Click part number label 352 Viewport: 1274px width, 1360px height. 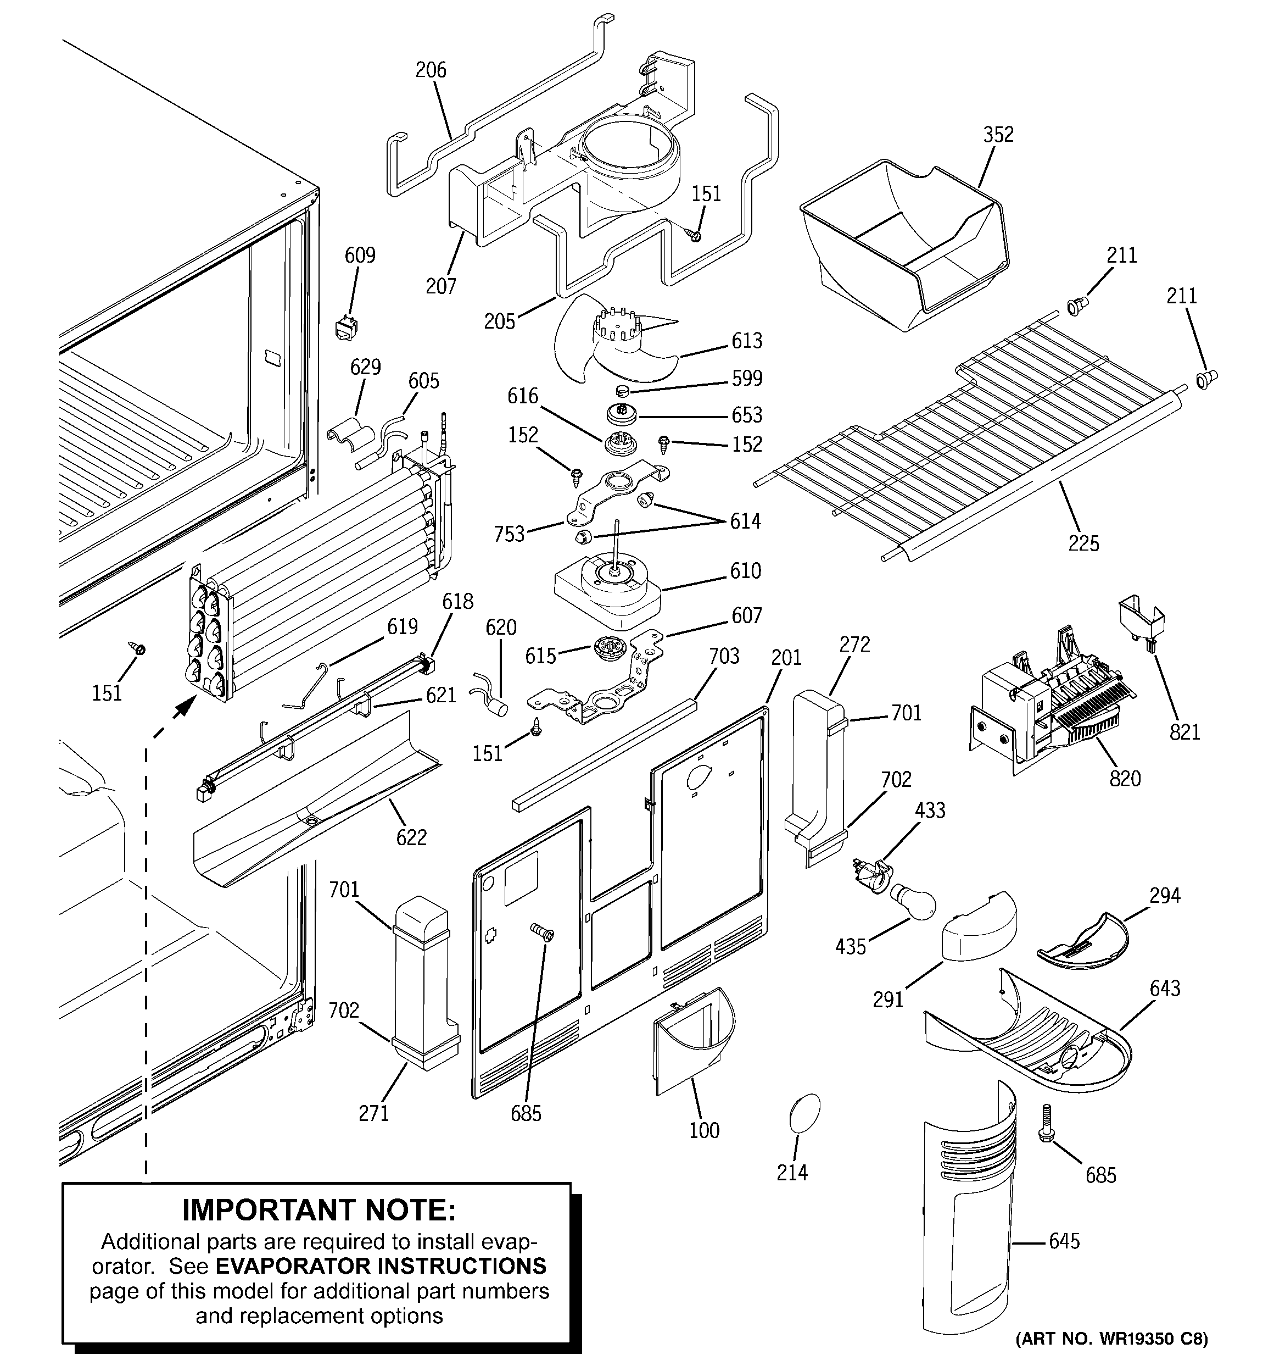click(x=998, y=135)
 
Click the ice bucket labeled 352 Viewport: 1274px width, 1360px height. click(x=903, y=240)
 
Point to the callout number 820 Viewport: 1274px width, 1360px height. click(x=1125, y=778)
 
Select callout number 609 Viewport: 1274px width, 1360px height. click(x=360, y=255)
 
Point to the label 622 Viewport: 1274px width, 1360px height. click(x=411, y=837)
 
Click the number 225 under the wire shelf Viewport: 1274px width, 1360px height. click(x=1083, y=543)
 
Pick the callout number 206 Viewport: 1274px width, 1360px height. click(x=430, y=70)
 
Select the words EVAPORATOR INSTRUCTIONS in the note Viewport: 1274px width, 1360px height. click(x=381, y=1265)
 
